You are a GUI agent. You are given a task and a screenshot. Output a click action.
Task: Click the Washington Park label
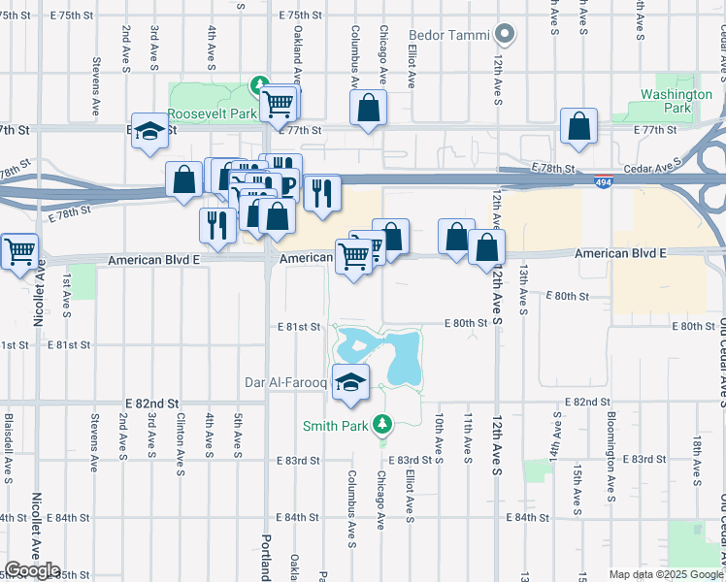pyautogui.click(x=676, y=101)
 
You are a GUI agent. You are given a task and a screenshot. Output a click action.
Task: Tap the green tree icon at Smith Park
pyautogui.click(x=383, y=424)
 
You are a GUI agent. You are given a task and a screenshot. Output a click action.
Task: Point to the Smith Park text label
pyautogui.click(x=336, y=425)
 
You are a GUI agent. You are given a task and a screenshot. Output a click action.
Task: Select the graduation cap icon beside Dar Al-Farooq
pyautogui.click(x=350, y=380)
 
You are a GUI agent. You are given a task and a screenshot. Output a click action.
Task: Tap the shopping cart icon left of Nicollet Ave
pyautogui.click(x=19, y=251)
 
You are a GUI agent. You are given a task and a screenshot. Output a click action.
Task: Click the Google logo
pyautogui.click(x=32, y=570)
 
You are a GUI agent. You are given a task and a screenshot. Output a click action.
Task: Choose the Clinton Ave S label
pyautogui.click(x=181, y=447)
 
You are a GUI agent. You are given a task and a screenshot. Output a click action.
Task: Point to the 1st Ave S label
pyautogui.click(x=66, y=296)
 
